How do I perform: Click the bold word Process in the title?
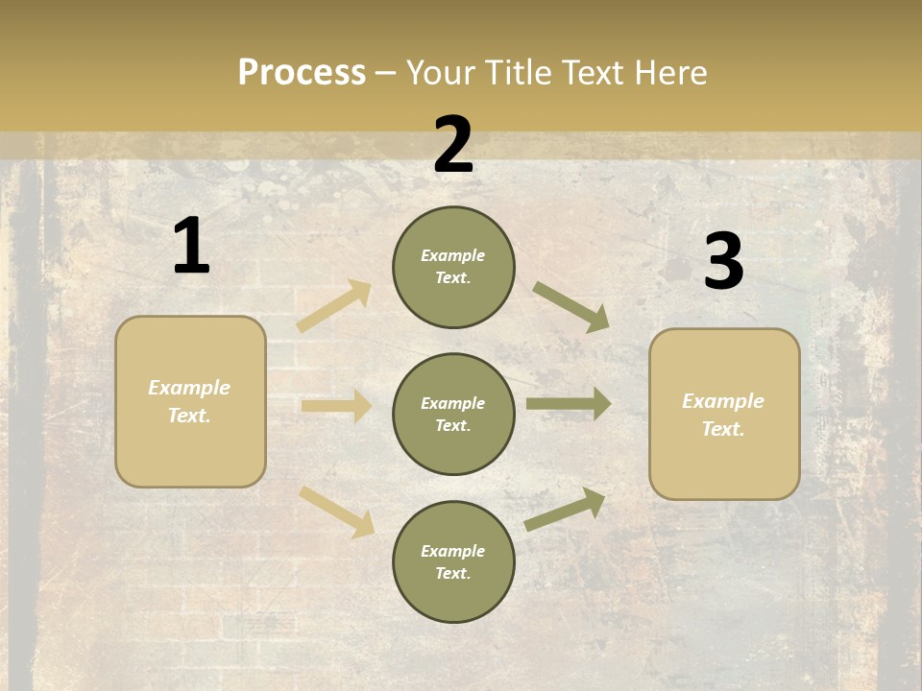tap(302, 72)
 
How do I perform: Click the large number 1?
tap(191, 247)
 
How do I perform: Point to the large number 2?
tap(453, 146)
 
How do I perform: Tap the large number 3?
tap(724, 262)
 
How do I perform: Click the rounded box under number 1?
tap(190, 401)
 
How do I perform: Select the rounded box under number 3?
tap(724, 415)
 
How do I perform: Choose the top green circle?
tap(453, 267)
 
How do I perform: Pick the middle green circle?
tap(453, 415)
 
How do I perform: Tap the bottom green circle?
tap(453, 562)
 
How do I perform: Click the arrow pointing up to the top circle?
tap(335, 305)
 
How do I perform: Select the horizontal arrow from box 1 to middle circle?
tap(336, 406)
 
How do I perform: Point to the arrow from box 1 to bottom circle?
tap(337, 511)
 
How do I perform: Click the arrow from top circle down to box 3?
tap(571, 307)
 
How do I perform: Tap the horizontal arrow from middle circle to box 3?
tap(569, 403)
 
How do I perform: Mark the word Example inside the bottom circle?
tap(453, 551)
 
